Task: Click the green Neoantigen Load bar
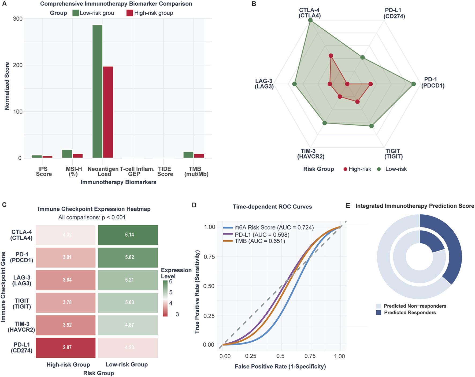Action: (97, 91)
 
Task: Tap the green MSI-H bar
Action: (67, 154)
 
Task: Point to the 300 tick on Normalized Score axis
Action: (18, 19)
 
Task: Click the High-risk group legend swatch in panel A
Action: (130, 13)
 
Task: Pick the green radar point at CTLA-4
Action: (310, 20)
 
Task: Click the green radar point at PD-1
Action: (414, 84)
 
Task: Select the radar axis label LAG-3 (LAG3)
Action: (264, 84)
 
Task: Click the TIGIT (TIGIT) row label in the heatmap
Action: (22, 304)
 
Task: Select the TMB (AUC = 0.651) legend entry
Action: (260, 241)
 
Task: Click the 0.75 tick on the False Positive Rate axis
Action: (310, 356)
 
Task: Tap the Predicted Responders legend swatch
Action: (378, 312)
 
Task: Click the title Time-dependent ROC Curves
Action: (272, 207)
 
